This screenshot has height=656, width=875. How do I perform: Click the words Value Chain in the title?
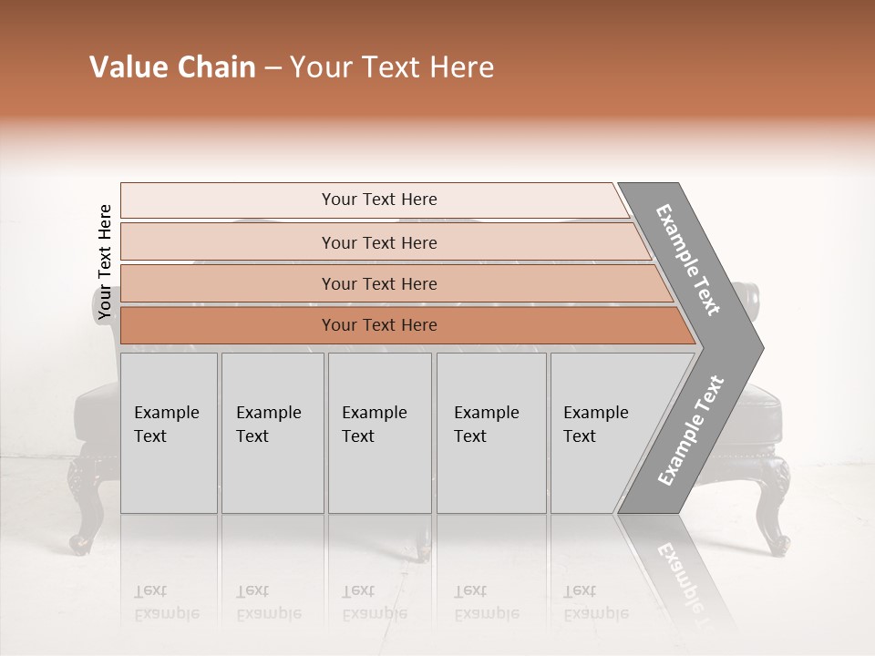[x=172, y=67]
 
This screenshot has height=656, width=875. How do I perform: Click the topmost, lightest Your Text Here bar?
[x=378, y=200]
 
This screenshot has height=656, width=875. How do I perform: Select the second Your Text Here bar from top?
[x=378, y=242]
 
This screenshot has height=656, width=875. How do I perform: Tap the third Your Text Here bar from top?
[x=378, y=283]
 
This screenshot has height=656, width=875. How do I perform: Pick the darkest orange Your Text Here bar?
[x=378, y=325]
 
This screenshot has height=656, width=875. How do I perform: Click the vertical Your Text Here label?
[x=105, y=262]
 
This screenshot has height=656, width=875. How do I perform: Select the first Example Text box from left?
[x=169, y=433]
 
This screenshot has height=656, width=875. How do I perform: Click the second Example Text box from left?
[x=272, y=433]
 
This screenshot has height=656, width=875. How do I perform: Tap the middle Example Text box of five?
[x=379, y=433]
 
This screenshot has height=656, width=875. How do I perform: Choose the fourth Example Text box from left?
[x=490, y=433]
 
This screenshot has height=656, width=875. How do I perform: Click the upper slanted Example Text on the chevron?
[x=689, y=259]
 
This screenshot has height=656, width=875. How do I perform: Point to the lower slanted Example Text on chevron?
[x=691, y=430]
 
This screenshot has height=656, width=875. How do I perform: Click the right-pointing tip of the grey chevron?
[x=758, y=347]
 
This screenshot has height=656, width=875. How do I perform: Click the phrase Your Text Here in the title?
[x=392, y=67]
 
